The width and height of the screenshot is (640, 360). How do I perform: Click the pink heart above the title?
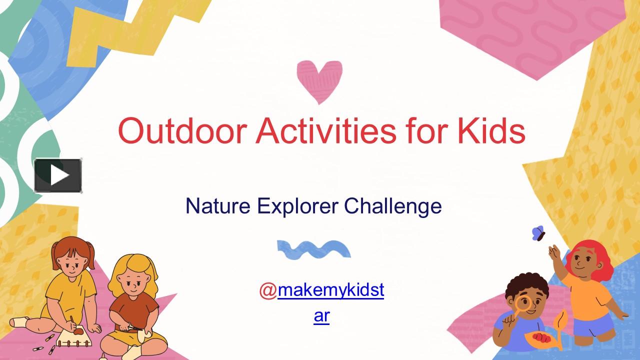click(319, 80)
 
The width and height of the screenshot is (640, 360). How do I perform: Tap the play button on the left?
click(58, 175)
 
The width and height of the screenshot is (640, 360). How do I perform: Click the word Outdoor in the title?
click(182, 130)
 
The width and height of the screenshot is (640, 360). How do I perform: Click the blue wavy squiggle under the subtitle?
click(313, 249)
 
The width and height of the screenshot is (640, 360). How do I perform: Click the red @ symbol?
click(268, 290)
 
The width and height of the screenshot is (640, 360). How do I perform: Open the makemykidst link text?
click(330, 290)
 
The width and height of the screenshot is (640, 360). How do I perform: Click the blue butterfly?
click(538, 233)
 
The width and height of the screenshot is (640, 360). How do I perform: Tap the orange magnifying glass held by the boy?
click(523, 303)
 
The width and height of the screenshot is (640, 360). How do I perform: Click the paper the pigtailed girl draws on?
click(75, 335)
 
